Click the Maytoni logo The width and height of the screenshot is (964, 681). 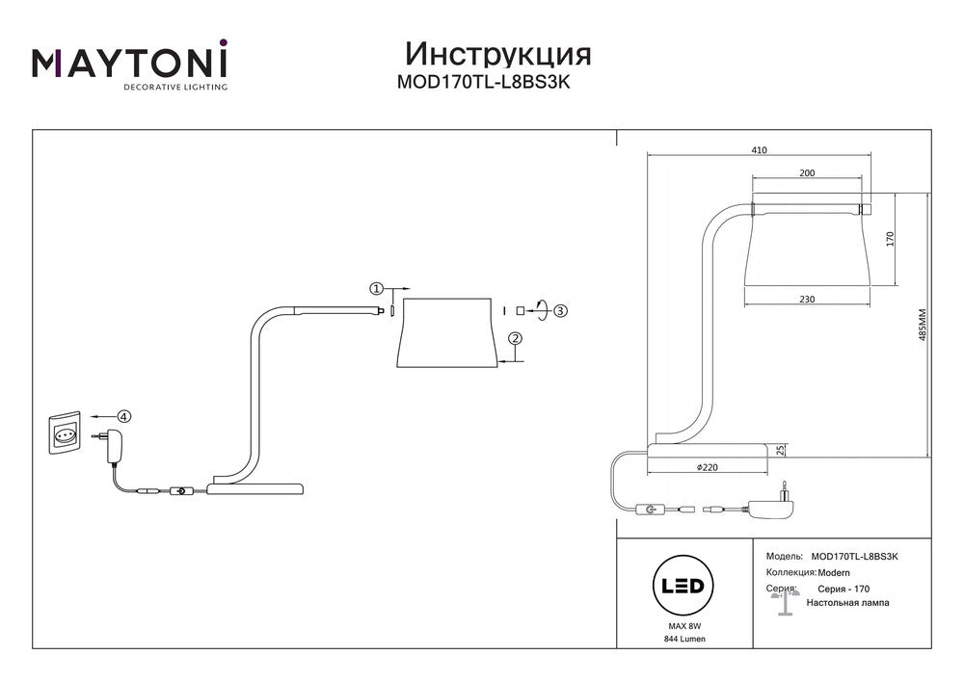pyautogui.click(x=130, y=65)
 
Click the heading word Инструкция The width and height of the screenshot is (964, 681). pyautogui.click(x=497, y=52)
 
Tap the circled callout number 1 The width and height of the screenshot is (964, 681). pyautogui.click(x=377, y=288)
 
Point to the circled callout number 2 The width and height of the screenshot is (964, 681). pyautogui.click(x=516, y=338)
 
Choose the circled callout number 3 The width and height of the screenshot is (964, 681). pyautogui.click(x=560, y=310)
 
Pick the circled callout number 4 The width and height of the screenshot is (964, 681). pyautogui.click(x=123, y=416)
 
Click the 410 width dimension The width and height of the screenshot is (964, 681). pyautogui.click(x=759, y=150)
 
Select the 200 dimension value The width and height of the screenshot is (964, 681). pyautogui.click(x=807, y=172)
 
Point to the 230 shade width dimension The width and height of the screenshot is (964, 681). pyautogui.click(x=807, y=300)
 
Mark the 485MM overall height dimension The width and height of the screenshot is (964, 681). pyautogui.click(x=922, y=327)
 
